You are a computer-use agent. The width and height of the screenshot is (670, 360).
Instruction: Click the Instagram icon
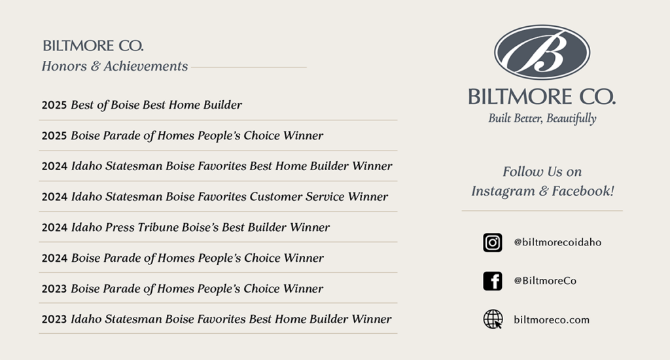(493, 242)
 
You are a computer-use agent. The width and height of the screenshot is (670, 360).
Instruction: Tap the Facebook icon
(493, 281)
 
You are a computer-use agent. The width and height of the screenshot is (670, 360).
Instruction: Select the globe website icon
(493, 319)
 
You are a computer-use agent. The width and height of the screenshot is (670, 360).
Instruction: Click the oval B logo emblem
(542, 52)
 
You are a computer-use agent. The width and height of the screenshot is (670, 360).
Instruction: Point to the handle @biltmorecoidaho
(557, 242)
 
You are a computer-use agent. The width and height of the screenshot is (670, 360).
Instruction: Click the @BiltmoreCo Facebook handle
(545, 281)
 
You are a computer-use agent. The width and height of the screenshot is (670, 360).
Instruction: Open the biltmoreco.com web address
(552, 320)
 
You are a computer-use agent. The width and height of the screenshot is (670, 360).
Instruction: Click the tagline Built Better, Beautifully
(542, 118)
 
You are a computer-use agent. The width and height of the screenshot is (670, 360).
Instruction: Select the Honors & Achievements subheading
(115, 66)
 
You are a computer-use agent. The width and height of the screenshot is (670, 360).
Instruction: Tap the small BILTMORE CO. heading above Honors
(93, 46)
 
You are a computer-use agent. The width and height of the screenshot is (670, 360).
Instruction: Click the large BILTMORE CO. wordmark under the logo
(542, 97)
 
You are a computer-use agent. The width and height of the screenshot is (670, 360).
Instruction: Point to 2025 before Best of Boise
(54, 105)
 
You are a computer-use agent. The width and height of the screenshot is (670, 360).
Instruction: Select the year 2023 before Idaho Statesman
(54, 319)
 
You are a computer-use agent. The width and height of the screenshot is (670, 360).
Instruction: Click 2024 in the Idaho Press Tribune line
(54, 228)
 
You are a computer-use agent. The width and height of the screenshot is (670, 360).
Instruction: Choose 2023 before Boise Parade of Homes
(54, 289)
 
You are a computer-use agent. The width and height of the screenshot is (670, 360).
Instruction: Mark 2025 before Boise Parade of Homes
(54, 136)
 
